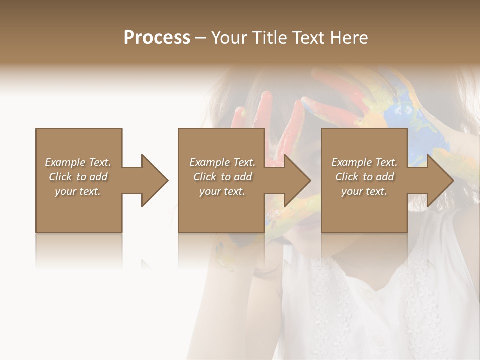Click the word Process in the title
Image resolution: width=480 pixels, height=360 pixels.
(x=157, y=38)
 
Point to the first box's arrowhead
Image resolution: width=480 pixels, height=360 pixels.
(x=154, y=180)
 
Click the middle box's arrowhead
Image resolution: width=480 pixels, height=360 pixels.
(x=297, y=180)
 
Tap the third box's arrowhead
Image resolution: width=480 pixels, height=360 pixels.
(x=440, y=180)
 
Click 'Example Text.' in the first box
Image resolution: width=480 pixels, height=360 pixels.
(x=78, y=162)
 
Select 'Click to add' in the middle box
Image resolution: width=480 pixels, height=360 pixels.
(x=222, y=177)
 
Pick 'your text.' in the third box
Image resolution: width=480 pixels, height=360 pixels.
(x=364, y=191)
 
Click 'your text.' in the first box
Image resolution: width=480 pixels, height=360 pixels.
(x=78, y=191)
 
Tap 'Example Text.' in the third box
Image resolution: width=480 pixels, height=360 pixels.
(x=364, y=162)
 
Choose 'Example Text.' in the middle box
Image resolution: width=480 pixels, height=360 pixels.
(x=222, y=162)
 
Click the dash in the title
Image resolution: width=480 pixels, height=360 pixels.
(x=200, y=38)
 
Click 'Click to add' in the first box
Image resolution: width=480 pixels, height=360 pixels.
(x=78, y=177)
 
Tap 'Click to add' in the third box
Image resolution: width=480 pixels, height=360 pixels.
(x=364, y=177)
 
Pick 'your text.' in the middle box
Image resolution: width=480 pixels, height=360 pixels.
(x=222, y=191)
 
